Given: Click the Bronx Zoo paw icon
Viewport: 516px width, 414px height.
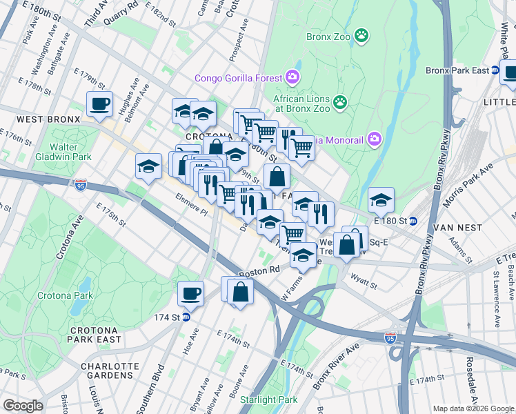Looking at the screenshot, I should [x=361, y=34].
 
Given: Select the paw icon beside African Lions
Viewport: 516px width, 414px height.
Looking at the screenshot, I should [x=340, y=103].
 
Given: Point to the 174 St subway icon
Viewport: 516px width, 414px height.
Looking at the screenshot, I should [x=186, y=317].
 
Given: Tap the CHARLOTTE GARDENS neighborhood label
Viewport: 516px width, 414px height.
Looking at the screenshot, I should [x=110, y=371].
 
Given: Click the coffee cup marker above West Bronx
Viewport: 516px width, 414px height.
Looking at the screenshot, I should [x=99, y=104].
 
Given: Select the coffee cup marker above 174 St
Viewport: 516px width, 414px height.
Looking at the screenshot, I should [x=190, y=293].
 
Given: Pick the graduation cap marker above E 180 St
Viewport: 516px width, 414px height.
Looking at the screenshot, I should [x=381, y=200].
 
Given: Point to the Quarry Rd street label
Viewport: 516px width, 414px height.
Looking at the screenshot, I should [x=120, y=13].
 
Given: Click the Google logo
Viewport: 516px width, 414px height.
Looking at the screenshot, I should [x=22, y=406].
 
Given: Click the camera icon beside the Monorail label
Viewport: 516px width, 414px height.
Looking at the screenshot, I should [x=375, y=139].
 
